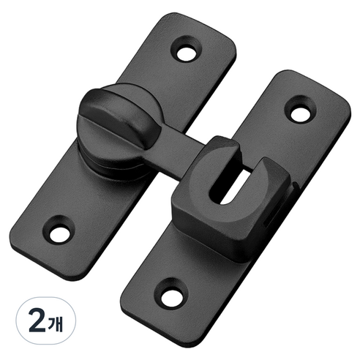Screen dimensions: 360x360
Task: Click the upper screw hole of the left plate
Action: pyautogui.click(x=187, y=54)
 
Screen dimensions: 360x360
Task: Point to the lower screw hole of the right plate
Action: pyautogui.click(x=171, y=296)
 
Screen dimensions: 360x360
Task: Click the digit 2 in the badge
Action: pyautogui.click(x=37, y=320)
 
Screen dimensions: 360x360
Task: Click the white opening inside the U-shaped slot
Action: pyautogui.click(x=233, y=189)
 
